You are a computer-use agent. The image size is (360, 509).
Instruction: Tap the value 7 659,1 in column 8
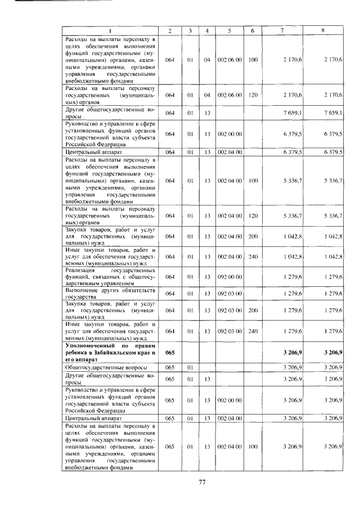click(333, 113)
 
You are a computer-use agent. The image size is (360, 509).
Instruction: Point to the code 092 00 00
click(229, 276)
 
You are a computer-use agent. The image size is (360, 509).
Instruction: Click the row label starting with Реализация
click(110, 276)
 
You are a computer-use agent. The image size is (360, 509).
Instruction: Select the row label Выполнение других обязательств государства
click(110, 293)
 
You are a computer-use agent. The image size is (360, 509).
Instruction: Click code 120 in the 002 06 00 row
click(253, 95)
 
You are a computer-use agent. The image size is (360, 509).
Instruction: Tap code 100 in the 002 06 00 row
click(253, 59)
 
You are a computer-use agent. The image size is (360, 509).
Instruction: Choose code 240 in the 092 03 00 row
click(253, 331)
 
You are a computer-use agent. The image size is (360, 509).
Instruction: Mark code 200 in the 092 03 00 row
click(253, 310)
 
